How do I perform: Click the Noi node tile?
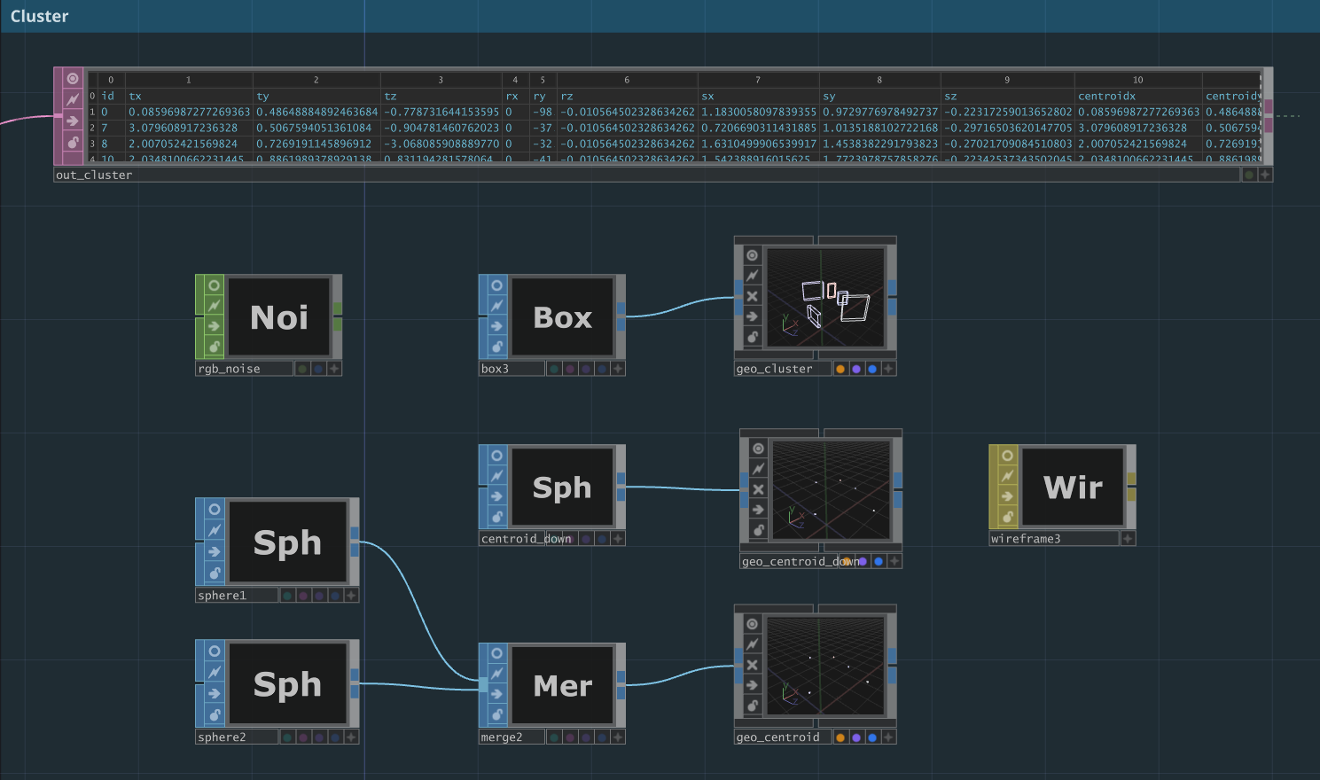pyautogui.click(x=279, y=317)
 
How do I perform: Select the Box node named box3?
pyautogui.click(x=562, y=317)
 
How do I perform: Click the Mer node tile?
pyautogui.click(x=562, y=685)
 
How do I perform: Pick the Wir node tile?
pyautogui.click(x=1073, y=487)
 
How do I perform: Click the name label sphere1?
pyautogui.click(x=223, y=596)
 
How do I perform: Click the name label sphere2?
pyautogui.click(x=223, y=737)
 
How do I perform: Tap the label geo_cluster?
pyautogui.click(x=774, y=369)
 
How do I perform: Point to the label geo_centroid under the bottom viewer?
pyautogui.click(x=777, y=737)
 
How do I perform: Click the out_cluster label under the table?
pyautogui.click(x=94, y=175)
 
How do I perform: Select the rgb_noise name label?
pyautogui.click(x=230, y=369)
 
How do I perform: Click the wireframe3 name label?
pyautogui.click(x=1026, y=539)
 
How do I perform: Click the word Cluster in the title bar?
pyautogui.click(x=40, y=16)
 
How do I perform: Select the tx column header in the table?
pyautogui.click(x=136, y=96)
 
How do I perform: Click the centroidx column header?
pyautogui.click(x=1106, y=96)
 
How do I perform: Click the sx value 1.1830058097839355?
pyautogui.click(x=758, y=112)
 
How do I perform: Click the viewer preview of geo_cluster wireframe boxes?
pyautogui.click(x=825, y=297)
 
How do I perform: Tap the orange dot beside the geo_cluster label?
pyautogui.click(x=840, y=369)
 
